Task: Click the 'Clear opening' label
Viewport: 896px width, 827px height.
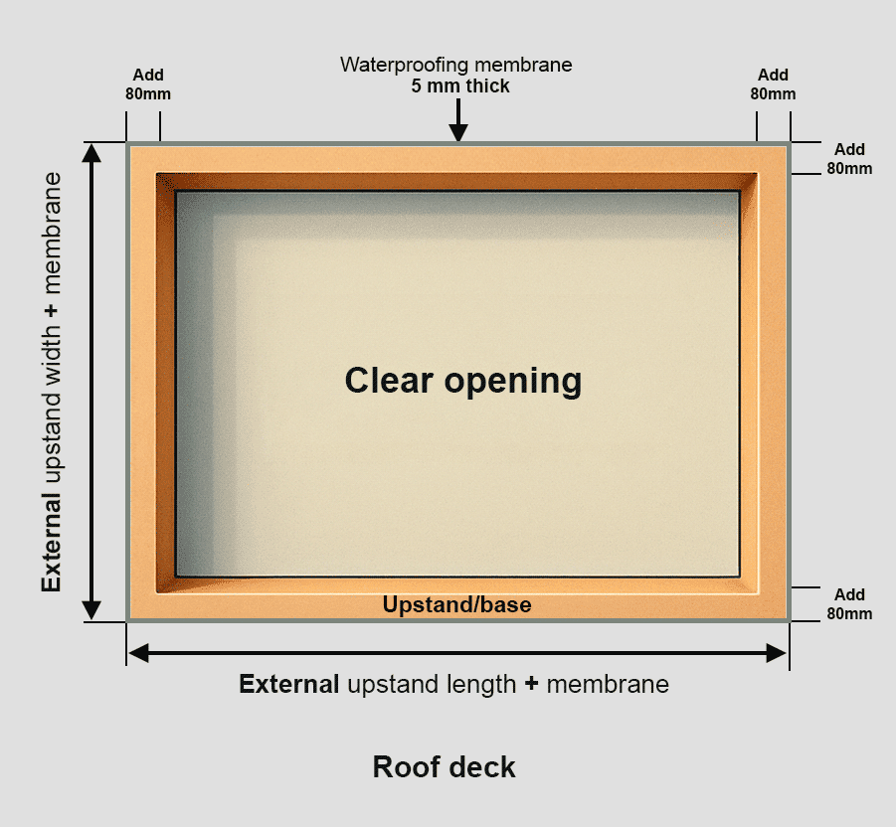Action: (462, 381)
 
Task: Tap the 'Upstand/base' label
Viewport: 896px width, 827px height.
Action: (456, 604)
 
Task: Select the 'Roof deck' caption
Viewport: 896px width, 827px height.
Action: (444, 766)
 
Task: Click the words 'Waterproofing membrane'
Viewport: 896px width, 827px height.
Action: (456, 65)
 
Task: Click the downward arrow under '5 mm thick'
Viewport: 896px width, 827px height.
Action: (457, 123)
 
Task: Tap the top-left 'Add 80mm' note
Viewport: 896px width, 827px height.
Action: (148, 84)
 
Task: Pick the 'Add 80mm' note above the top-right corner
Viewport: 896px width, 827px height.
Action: (773, 84)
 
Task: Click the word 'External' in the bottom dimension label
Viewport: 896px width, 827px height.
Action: (289, 684)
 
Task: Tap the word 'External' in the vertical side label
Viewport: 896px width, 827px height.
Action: (52, 542)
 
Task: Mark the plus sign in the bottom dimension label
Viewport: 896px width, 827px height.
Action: (532, 684)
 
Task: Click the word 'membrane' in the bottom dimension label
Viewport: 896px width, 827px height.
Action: (608, 684)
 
